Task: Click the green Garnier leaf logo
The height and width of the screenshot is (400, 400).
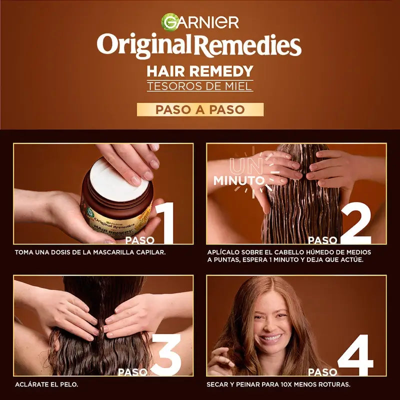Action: [x=169, y=21]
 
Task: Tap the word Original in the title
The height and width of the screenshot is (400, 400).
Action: [x=145, y=45]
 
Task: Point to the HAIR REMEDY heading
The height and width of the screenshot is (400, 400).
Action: [x=200, y=70]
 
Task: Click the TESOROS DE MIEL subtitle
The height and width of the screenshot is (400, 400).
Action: [x=200, y=86]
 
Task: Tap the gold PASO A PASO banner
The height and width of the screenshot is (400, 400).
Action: [x=200, y=109]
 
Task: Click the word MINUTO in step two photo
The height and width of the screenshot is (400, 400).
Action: [x=239, y=180]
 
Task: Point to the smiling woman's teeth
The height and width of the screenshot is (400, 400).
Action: [x=272, y=338]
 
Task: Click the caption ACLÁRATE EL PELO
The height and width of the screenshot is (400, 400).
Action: [x=46, y=384]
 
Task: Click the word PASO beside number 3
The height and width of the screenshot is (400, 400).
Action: [x=132, y=371]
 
